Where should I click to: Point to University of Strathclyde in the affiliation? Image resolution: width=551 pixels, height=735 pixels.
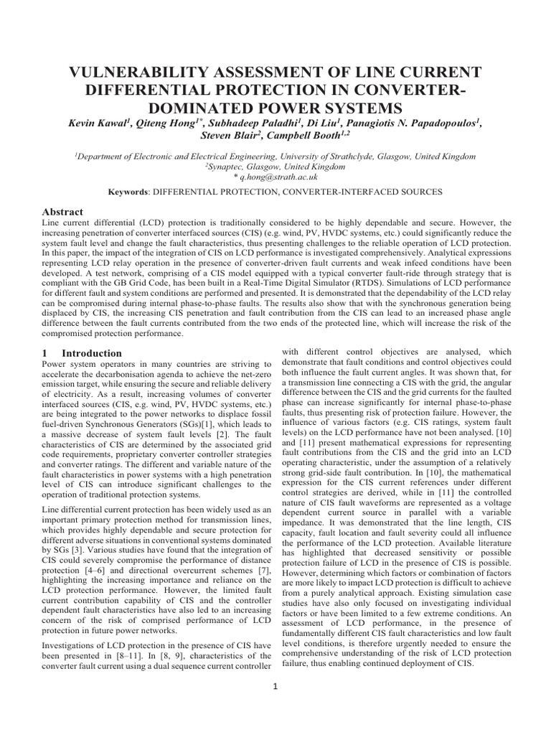(x=328, y=156)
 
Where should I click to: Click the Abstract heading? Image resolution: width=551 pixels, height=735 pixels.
(x=63, y=212)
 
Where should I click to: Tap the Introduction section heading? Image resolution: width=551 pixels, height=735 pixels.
(x=91, y=353)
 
